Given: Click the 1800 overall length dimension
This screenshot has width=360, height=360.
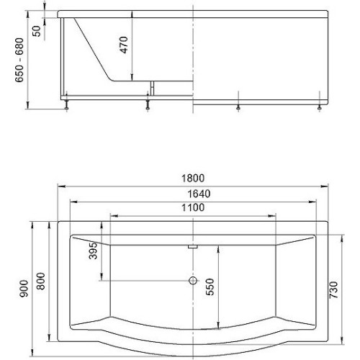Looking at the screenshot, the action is click(193, 179).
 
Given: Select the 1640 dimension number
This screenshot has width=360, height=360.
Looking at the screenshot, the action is click(199, 194).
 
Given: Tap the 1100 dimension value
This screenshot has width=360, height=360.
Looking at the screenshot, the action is click(193, 207).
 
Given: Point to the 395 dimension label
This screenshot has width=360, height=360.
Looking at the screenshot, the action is click(93, 251).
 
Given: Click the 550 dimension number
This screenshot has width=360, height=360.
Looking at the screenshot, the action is click(210, 287).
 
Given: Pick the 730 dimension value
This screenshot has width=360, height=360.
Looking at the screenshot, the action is click(333, 290).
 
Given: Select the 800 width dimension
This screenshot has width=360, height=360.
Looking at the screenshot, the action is click(42, 282).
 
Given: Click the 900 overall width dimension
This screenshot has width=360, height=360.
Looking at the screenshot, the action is click(24, 289).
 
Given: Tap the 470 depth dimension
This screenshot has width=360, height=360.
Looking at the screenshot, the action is click(124, 45).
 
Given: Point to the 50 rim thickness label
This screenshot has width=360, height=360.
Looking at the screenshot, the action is click(37, 31).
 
